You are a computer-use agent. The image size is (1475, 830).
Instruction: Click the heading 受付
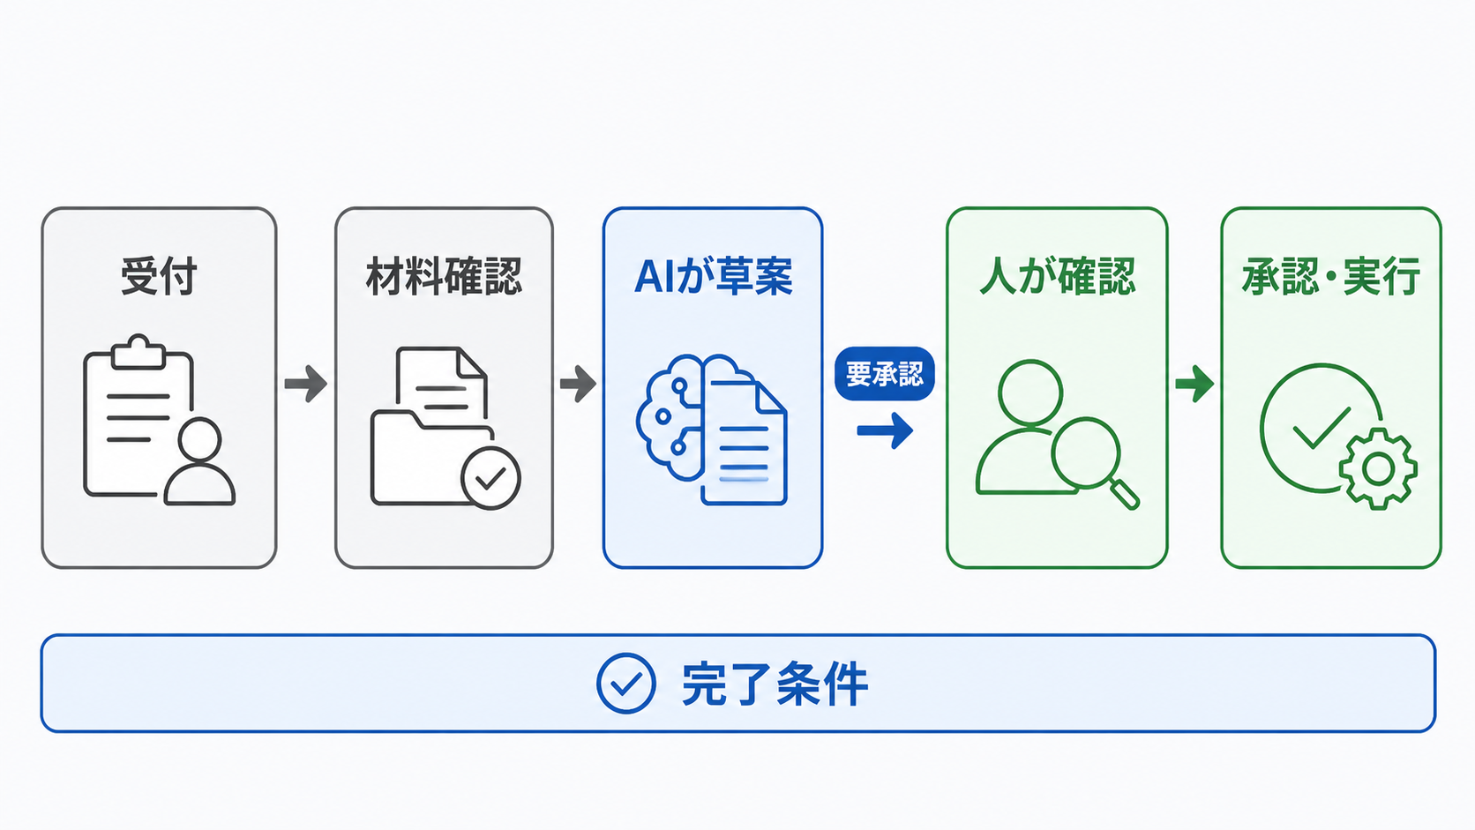coord(159,276)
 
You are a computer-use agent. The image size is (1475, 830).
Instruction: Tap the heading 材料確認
coord(444,276)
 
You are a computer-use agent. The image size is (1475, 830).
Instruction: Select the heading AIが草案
coord(713,276)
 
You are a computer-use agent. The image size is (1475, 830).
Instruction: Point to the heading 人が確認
coord(1058,276)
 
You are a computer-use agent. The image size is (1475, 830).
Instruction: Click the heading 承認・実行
coord(1331,276)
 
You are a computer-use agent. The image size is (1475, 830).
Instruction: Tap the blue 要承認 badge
coord(884,374)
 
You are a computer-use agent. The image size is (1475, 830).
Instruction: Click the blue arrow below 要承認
coord(885,431)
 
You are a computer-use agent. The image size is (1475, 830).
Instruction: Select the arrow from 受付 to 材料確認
coord(305,384)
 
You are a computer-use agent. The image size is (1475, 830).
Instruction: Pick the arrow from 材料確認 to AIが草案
coord(578,384)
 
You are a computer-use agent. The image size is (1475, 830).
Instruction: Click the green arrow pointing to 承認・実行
coord(1194,384)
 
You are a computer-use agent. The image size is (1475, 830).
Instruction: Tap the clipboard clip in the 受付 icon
coord(139,352)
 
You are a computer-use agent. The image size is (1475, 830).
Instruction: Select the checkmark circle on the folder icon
coord(491,479)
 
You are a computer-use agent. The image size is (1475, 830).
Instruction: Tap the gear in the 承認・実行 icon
coord(1378,468)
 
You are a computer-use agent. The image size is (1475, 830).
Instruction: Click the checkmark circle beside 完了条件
coord(626,684)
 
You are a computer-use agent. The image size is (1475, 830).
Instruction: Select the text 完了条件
coord(775,684)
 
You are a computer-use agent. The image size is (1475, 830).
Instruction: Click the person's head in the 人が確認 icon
coord(1030,393)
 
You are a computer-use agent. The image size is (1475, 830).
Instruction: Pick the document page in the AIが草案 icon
coord(745,442)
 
